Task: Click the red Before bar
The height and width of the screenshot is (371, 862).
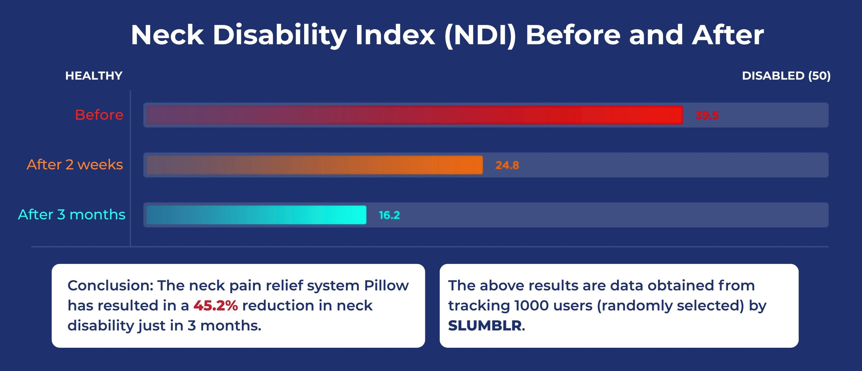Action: click(415, 115)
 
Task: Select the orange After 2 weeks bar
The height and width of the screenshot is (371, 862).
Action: click(314, 165)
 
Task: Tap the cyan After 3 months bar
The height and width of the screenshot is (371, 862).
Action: click(256, 215)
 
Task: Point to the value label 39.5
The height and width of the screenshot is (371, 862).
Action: click(707, 115)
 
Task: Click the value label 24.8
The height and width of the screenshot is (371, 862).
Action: click(507, 165)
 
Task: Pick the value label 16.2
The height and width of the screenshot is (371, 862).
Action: click(389, 215)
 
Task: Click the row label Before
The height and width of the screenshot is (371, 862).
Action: click(99, 115)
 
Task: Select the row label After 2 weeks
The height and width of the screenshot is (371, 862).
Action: click(75, 165)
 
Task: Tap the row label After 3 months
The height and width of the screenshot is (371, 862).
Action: click(72, 214)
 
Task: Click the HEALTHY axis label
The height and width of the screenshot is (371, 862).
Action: click(94, 76)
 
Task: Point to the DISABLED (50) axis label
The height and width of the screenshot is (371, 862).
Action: click(786, 76)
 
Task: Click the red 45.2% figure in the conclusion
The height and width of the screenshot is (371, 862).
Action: click(215, 305)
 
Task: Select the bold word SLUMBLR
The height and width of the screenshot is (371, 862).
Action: click(485, 326)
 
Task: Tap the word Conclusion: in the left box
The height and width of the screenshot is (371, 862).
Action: click(110, 286)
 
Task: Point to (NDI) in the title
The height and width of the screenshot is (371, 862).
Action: click(480, 35)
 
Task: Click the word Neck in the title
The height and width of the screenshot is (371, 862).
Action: click(167, 35)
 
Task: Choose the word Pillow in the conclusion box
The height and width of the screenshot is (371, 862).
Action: click(387, 286)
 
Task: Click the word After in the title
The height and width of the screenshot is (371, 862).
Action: click(728, 35)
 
